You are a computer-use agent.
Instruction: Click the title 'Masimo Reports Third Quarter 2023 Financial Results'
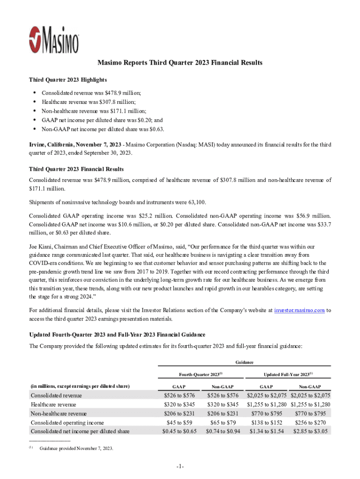(x=180, y=63)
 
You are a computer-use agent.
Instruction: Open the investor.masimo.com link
(x=299, y=310)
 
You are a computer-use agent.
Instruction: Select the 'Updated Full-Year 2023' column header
(x=288, y=374)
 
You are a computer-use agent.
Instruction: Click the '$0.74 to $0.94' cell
(x=223, y=431)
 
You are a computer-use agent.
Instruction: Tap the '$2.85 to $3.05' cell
(x=310, y=431)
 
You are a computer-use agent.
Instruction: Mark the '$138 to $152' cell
(x=266, y=422)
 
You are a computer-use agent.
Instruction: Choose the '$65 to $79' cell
(x=223, y=422)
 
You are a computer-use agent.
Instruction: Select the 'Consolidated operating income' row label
(x=67, y=422)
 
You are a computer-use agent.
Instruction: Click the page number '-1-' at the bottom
(x=180, y=467)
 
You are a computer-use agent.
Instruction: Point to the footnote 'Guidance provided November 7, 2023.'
(x=76, y=449)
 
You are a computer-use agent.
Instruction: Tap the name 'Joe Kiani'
(x=41, y=246)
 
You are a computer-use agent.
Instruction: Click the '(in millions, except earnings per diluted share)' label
(x=80, y=386)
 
